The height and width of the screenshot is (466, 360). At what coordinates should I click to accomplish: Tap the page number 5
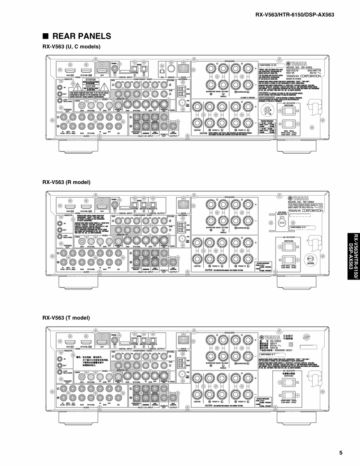click(341, 452)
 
